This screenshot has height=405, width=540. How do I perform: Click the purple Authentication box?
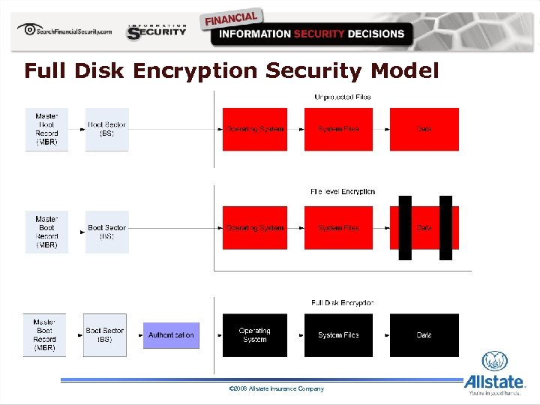(171, 335)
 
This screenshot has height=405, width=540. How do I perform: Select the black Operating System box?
(255, 335)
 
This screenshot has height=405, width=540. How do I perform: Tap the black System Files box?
(338, 335)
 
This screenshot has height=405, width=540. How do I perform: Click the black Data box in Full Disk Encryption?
(424, 335)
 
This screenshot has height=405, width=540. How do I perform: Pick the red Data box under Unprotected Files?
(424, 129)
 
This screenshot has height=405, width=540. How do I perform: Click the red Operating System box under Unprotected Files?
(255, 129)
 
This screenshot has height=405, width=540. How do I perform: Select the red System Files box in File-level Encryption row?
(338, 228)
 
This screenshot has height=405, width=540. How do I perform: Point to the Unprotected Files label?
(342, 97)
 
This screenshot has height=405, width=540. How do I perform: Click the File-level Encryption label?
(343, 192)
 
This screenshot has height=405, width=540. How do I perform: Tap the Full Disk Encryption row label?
(342, 303)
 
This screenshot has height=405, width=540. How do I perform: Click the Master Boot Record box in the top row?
(46, 129)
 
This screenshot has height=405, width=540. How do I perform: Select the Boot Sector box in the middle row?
(106, 232)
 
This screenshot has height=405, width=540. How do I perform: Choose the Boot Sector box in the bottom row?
(105, 334)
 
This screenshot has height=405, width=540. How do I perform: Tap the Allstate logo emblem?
(495, 361)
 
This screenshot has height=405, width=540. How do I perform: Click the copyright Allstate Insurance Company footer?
(276, 388)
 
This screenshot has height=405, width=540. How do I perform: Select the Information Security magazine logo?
(157, 31)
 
